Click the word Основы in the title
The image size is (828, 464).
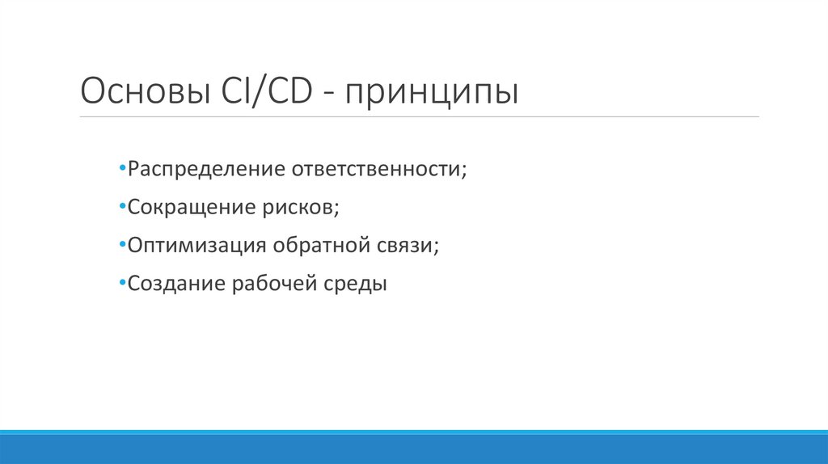142,91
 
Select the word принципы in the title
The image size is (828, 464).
432,92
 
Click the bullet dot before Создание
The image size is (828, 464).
121,284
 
